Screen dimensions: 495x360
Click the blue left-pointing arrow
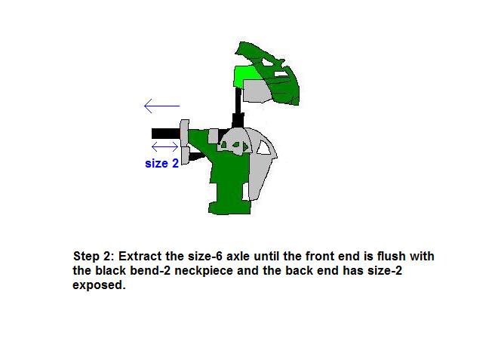point(161,106)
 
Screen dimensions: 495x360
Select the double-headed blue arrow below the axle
point(164,147)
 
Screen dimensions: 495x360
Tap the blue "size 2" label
point(161,163)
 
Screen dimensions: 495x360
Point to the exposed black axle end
point(166,134)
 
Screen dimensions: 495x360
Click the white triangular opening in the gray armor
point(263,148)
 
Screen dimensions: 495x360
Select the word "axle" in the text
point(238,256)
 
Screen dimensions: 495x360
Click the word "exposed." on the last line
point(99,285)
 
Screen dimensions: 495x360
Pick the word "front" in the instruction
point(320,256)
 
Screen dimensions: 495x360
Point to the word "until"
point(267,256)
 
